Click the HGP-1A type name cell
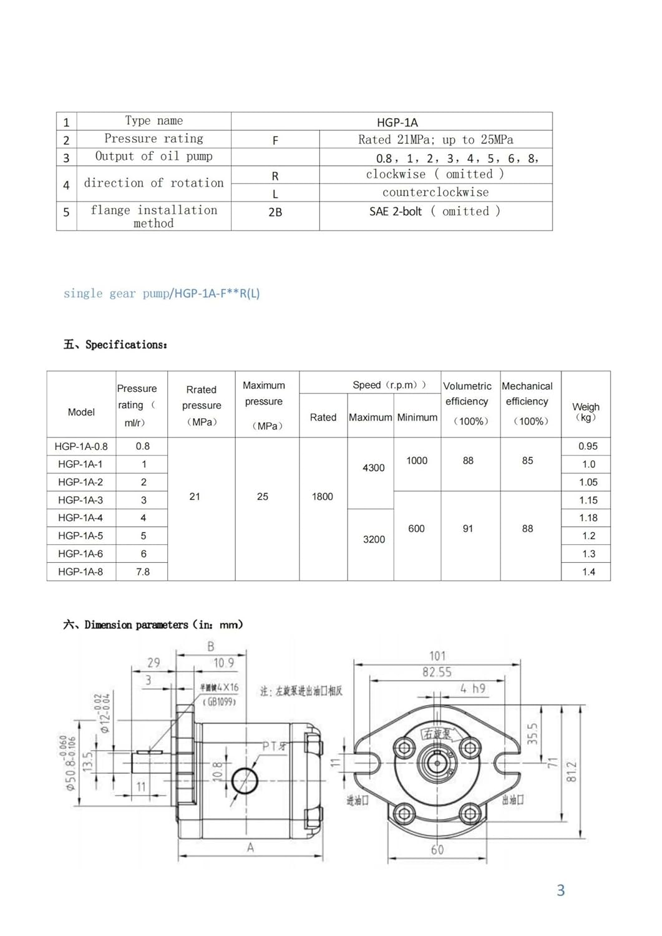[397, 122]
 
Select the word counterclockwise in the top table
[436, 192]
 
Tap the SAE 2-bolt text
[396, 212]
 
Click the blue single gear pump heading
[161, 293]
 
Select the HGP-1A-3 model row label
[80, 500]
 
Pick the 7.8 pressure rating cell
[143, 572]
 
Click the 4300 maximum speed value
[374, 467]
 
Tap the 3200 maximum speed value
[374, 539]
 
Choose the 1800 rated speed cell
[323, 497]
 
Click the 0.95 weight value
[588, 446]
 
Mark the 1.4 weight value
[588, 572]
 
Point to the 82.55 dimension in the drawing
[437, 672]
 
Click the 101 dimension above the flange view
[437, 656]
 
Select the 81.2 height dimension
[572, 772]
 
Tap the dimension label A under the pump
[250, 847]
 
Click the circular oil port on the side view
[245, 781]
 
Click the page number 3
[560, 890]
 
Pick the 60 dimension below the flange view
[437, 850]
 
